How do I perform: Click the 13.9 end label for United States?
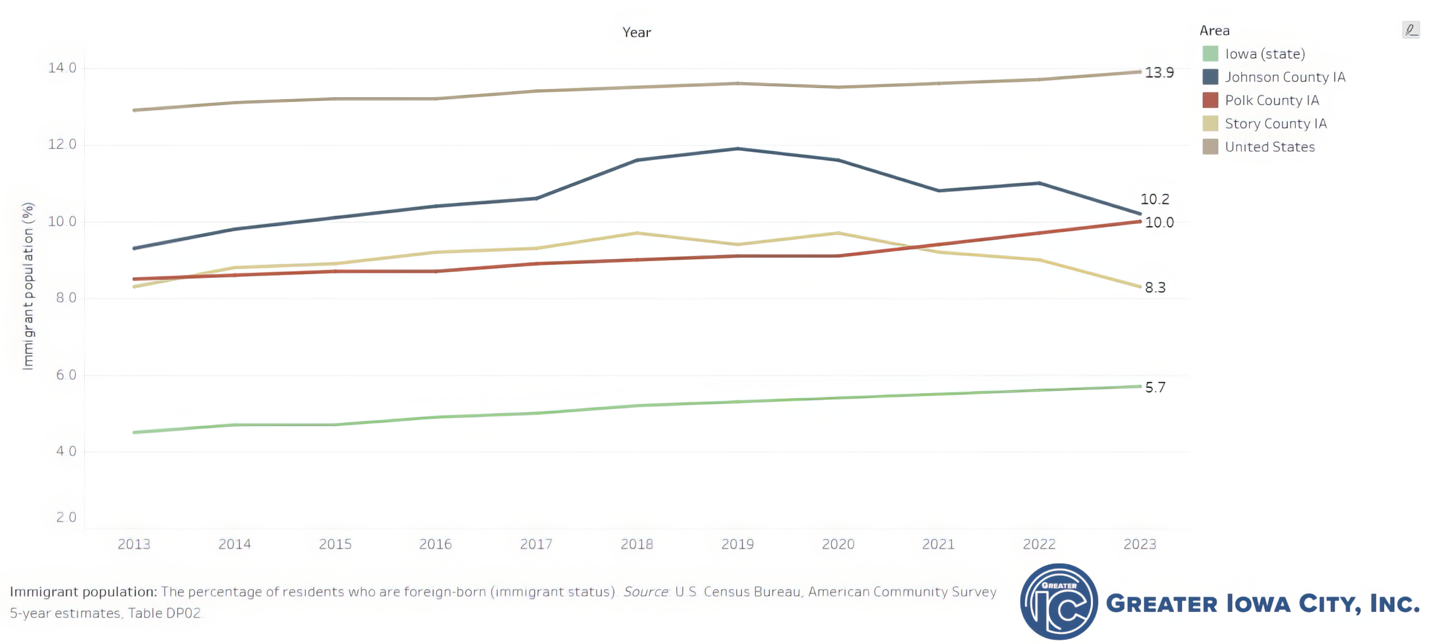click(1159, 73)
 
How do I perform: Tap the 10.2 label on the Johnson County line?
click(1154, 199)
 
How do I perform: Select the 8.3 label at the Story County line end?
click(1155, 287)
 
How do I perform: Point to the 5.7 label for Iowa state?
click(1155, 387)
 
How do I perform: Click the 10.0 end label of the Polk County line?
click(1159, 222)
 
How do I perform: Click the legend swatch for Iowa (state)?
click(1210, 54)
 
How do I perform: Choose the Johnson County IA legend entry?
click(1285, 77)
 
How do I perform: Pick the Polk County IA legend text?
click(1272, 100)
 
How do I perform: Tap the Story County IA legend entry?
click(1276, 124)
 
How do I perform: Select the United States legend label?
click(1269, 147)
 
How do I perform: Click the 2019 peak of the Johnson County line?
click(737, 149)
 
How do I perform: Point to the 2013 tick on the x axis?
click(134, 544)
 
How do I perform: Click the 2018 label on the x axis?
click(637, 544)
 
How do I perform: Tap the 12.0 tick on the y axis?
click(62, 145)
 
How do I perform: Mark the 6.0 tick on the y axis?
click(66, 375)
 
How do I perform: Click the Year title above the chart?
click(637, 33)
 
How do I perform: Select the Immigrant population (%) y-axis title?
click(28, 286)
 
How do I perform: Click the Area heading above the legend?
click(1214, 30)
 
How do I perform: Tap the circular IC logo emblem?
click(1058, 602)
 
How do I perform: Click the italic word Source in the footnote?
click(646, 592)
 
